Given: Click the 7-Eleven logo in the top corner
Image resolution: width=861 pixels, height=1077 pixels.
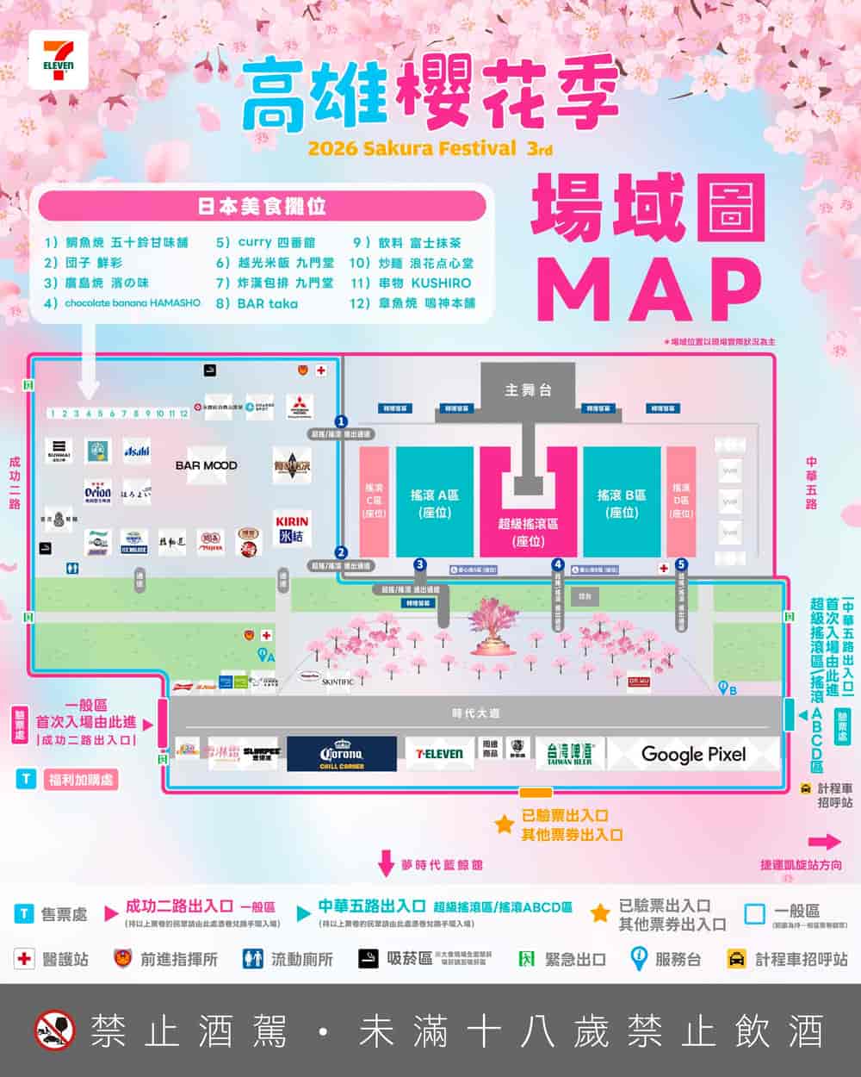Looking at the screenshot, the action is coord(58,59).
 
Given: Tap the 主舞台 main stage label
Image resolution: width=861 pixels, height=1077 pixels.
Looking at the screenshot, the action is coord(528,390).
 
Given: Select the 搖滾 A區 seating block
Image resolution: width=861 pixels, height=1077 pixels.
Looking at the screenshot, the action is coord(435,503).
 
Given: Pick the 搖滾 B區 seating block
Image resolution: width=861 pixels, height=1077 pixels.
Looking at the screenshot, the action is coord(622,503).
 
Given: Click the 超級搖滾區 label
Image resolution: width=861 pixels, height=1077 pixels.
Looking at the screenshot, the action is coord(528,532).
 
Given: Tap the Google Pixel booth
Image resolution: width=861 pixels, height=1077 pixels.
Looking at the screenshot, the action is coord(693,754).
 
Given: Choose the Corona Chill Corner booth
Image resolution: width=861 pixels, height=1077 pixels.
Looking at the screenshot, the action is coord(342,754).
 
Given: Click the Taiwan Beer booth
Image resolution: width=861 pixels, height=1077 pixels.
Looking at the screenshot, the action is coord(569,754).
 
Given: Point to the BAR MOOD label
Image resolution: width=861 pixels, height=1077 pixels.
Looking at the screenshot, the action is coord(206,465).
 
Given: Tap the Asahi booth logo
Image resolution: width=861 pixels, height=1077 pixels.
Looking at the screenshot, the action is coord(136,451).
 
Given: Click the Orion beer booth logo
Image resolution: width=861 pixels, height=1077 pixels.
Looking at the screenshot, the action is coord(97,492).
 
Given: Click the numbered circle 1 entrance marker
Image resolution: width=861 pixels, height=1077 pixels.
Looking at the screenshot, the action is coord(341,421).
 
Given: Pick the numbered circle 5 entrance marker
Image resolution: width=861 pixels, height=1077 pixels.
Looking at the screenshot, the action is coord(681,564).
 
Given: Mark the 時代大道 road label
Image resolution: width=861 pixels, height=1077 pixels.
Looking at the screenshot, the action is coord(475,713).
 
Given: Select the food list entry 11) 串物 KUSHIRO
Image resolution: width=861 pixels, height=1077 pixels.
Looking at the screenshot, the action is coord(412,283).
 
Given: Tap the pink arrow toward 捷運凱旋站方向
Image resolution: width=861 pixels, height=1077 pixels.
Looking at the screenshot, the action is coord(825,842).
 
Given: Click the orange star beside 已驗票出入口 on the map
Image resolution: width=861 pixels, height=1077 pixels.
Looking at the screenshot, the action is coord(504,825).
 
